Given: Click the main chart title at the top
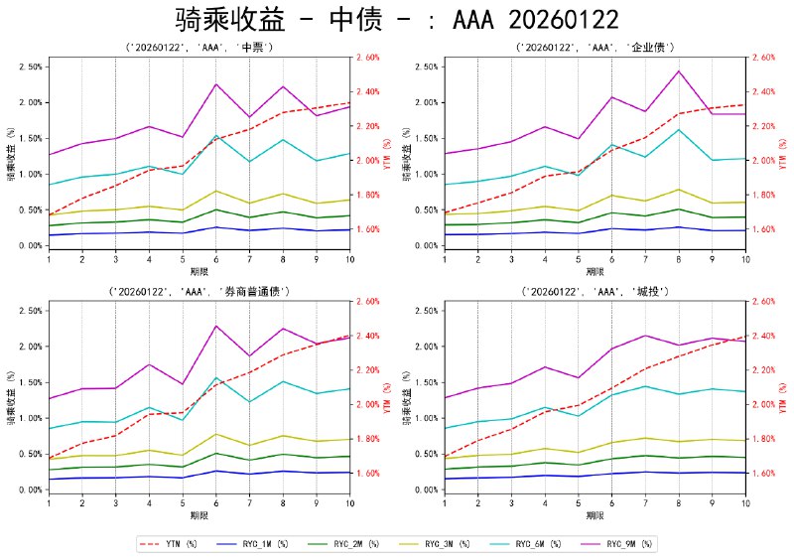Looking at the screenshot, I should pos(397,20).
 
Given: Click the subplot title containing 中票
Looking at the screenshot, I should pos(198,47).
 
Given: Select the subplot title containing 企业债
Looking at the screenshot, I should pos(595,47).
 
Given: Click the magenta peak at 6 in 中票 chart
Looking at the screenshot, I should pos(215,84).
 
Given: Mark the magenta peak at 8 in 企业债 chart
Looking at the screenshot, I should pos(679,71).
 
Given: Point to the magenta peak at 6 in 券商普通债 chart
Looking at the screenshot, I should pos(215,326).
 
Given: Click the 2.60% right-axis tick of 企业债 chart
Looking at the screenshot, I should pos(766,58).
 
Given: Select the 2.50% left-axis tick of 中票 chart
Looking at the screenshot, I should pos(29,67).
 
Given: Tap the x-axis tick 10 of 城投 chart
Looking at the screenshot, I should pos(745,504).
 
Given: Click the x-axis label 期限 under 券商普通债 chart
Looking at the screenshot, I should pos(198,516).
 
